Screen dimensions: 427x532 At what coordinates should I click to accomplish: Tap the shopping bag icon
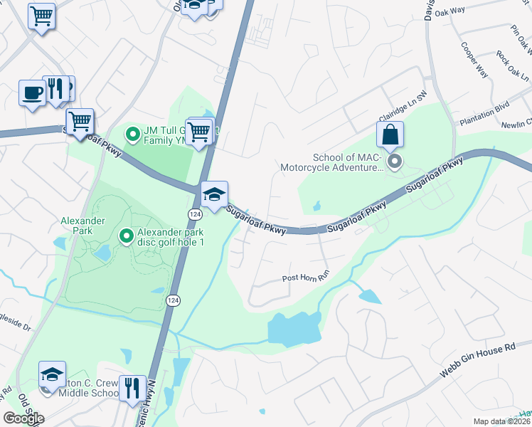390,135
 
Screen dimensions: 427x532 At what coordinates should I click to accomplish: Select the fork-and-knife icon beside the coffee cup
55,89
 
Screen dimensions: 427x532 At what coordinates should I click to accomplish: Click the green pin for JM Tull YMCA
132,133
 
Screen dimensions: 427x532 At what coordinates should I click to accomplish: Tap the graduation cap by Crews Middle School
52,375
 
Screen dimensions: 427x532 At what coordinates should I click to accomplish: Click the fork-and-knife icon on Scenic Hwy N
132,389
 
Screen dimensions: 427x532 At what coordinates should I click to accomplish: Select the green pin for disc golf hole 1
126,236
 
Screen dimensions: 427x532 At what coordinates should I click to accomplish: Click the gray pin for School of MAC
395,162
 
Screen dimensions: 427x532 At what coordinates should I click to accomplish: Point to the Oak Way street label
470,11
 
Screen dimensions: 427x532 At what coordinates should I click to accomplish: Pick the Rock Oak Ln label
513,65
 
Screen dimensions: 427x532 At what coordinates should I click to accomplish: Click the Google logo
23,418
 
